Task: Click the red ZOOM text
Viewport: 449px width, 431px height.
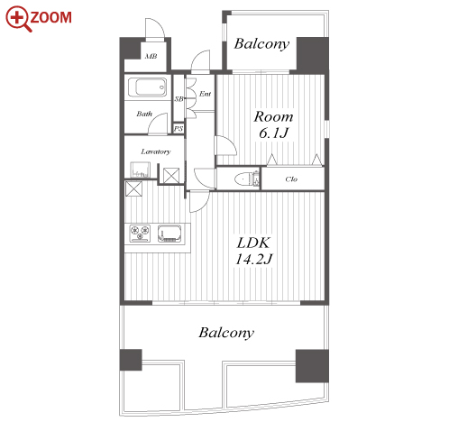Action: pos(51,17)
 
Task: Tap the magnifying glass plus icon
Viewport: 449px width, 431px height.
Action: pos(18,19)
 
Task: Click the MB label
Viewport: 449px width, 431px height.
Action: pos(151,56)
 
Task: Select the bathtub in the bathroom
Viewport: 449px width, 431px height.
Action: pos(148,87)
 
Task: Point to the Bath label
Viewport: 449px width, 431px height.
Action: pos(144,114)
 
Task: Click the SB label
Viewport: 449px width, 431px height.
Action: pos(179,98)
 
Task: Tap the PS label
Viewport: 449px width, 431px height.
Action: pos(179,129)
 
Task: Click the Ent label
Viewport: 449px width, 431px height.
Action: pos(205,94)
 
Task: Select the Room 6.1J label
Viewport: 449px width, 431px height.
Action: pos(273,124)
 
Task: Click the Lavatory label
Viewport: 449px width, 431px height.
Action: pos(156,151)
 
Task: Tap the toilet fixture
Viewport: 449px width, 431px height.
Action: pos(246,179)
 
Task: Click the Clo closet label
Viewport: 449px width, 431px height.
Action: pos(291,179)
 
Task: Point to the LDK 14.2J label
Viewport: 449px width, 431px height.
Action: pos(253,251)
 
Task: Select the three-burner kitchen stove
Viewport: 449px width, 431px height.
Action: pos(140,234)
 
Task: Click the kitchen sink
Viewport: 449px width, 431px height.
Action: pos(170,234)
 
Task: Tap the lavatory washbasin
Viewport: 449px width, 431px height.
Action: pos(140,170)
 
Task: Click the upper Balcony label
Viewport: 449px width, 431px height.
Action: pos(261,44)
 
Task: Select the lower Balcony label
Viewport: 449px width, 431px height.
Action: pos(226,333)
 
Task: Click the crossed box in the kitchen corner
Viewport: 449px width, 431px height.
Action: pos(133,188)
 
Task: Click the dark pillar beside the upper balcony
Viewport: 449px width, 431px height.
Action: pos(313,55)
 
